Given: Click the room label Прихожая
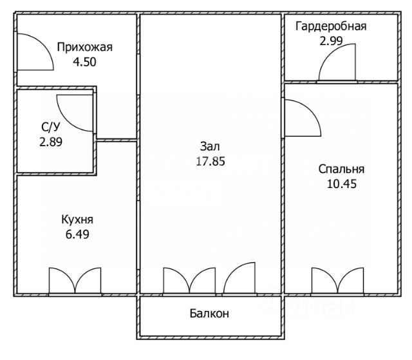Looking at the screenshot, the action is click(84, 46).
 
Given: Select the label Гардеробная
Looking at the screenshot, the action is click(331, 26).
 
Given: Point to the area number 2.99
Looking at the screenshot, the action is click(331, 41).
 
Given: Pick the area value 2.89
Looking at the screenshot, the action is click(51, 142).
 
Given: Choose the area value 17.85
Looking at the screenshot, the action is click(211, 162).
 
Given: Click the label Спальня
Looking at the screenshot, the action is click(341, 169).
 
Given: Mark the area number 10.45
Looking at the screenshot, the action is click(341, 184).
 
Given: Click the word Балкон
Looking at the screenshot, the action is click(209, 314).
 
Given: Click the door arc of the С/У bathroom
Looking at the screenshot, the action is click(75, 111).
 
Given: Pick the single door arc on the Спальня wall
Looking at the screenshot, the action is click(300, 118).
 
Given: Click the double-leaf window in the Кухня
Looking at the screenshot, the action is click(76, 281).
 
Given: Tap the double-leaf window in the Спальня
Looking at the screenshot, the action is click(336, 281).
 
